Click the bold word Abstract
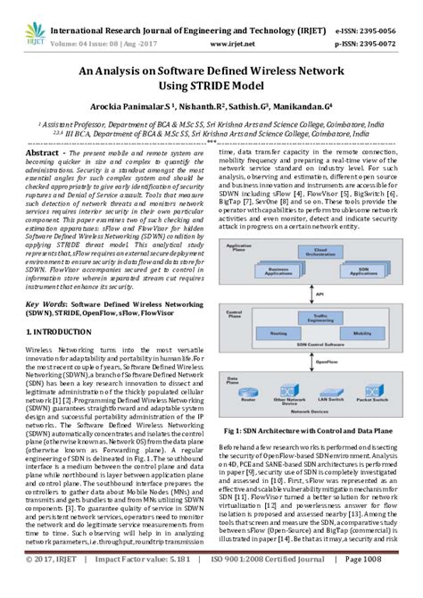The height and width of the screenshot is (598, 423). coord(34,153)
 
